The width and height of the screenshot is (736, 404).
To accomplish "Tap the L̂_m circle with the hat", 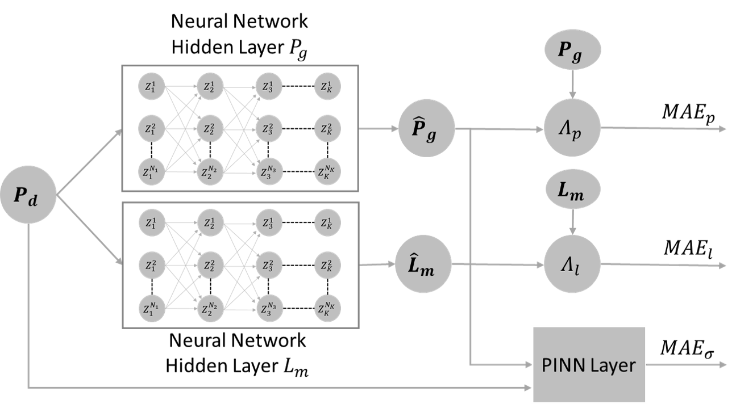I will [423, 265].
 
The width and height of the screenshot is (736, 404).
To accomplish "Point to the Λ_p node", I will [572, 128].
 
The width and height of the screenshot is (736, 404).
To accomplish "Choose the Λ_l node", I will [572, 264].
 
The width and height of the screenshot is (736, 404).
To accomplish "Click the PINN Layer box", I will [589, 364].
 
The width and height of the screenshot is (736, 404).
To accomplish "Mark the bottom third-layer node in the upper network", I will [269, 172].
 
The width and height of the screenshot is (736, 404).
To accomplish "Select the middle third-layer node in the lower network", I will [269, 265].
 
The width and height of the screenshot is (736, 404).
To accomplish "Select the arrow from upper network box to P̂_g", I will [379, 129].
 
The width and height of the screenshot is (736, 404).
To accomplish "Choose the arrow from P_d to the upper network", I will [90, 161].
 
